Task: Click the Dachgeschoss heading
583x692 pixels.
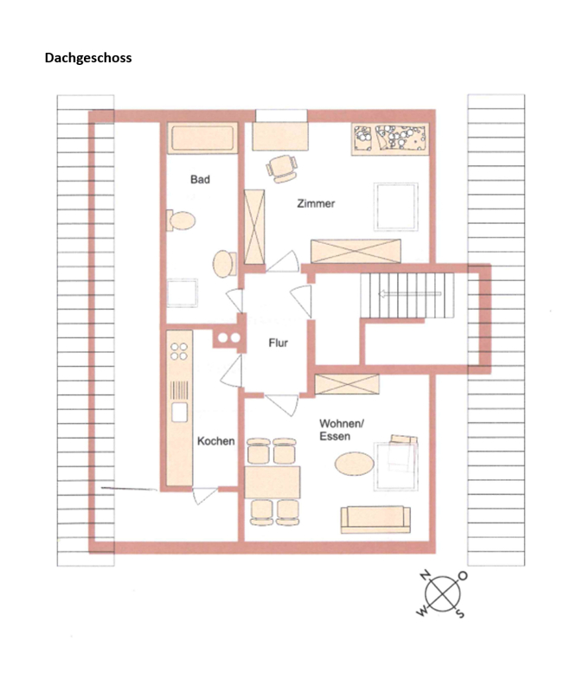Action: [x=88, y=58]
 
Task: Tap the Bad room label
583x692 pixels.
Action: [x=200, y=179]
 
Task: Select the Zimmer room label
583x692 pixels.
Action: [x=316, y=203]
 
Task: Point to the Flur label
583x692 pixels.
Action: [x=278, y=343]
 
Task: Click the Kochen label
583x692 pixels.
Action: [x=215, y=441]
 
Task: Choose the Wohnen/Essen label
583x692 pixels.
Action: [x=341, y=430]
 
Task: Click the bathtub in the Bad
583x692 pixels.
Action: [x=202, y=138]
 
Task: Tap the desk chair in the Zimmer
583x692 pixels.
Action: [x=282, y=168]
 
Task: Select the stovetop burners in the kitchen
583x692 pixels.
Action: [x=179, y=351]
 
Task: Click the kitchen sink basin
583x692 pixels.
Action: [x=180, y=413]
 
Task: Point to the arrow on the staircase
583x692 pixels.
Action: [x=409, y=293]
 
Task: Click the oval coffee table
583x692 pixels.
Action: [x=355, y=464]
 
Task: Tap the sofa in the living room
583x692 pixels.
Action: [x=375, y=520]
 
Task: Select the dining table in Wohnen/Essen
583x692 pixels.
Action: [x=272, y=482]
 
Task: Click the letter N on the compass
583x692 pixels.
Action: [x=425, y=575]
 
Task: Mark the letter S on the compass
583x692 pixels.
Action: [x=460, y=612]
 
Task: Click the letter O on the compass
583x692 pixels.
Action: [x=463, y=575]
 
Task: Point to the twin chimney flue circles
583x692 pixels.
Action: [x=229, y=338]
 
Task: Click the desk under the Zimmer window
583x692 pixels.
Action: [x=279, y=137]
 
